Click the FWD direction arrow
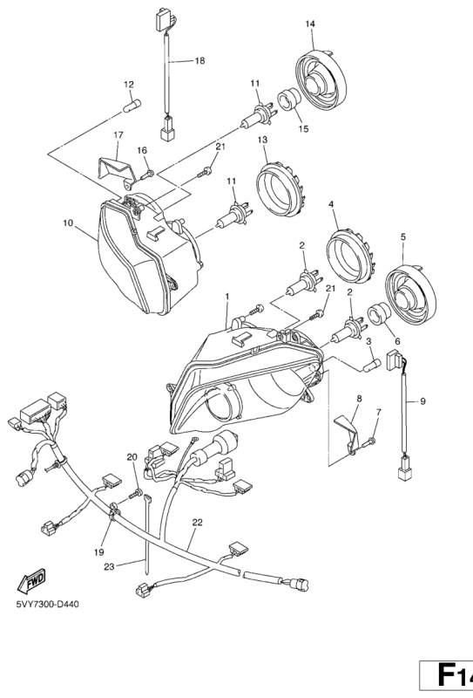coord(31,580)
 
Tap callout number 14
coord(310,24)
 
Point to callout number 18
coord(200,60)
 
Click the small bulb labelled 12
coord(132,106)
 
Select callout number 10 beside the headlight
coord(68,223)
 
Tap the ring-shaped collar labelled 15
coord(288,100)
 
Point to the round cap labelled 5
coord(410,294)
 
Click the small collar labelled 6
coord(379,314)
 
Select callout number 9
coord(422,401)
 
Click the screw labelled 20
coord(135,493)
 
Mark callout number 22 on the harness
coord(198,523)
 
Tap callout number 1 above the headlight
coord(227,296)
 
